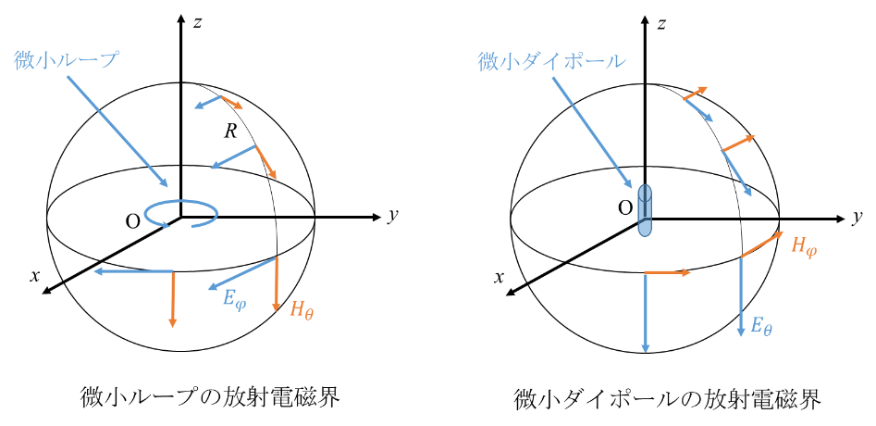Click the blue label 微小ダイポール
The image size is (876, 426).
[x=551, y=62]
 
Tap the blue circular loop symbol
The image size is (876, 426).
[x=181, y=214]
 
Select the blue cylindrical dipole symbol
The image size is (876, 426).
[x=645, y=211]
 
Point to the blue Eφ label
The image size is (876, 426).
[x=235, y=300]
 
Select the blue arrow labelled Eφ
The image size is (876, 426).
[x=242, y=273]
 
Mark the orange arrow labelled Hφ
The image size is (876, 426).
[x=762, y=244]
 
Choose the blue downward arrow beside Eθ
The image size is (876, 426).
[x=741, y=296]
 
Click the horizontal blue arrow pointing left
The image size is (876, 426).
[x=133, y=271]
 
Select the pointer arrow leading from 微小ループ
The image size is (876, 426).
[x=118, y=131]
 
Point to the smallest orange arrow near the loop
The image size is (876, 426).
[x=232, y=101]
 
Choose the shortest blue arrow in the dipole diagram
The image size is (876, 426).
[x=698, y=109]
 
